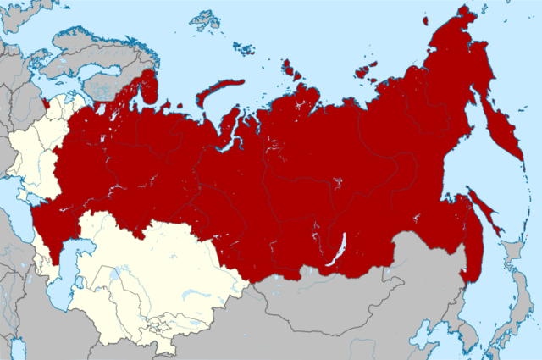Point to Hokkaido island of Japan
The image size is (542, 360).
512,254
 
